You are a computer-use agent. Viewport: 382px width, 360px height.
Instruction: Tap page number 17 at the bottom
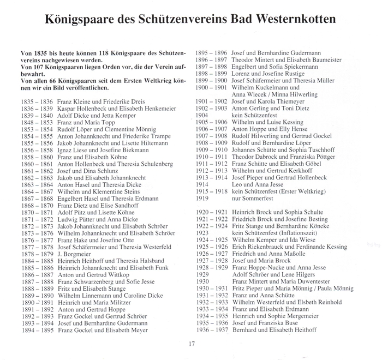[x=192, y=343]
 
